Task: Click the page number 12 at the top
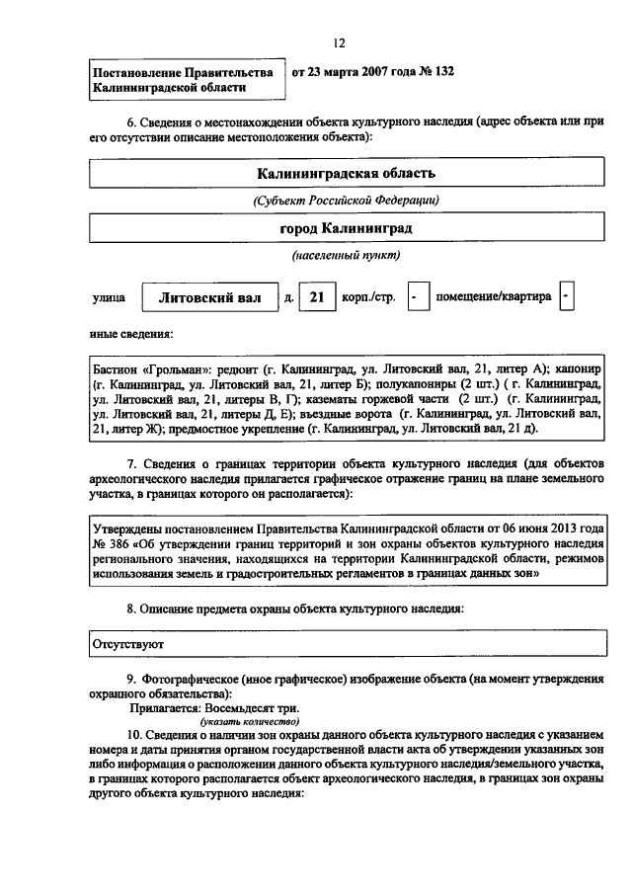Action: (339, 42)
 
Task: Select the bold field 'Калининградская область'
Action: (346, 174)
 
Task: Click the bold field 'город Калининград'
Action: (346, 228)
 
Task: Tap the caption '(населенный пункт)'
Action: (346, 256)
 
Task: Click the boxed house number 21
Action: (316, 296)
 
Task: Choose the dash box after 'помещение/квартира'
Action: (565, 296)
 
